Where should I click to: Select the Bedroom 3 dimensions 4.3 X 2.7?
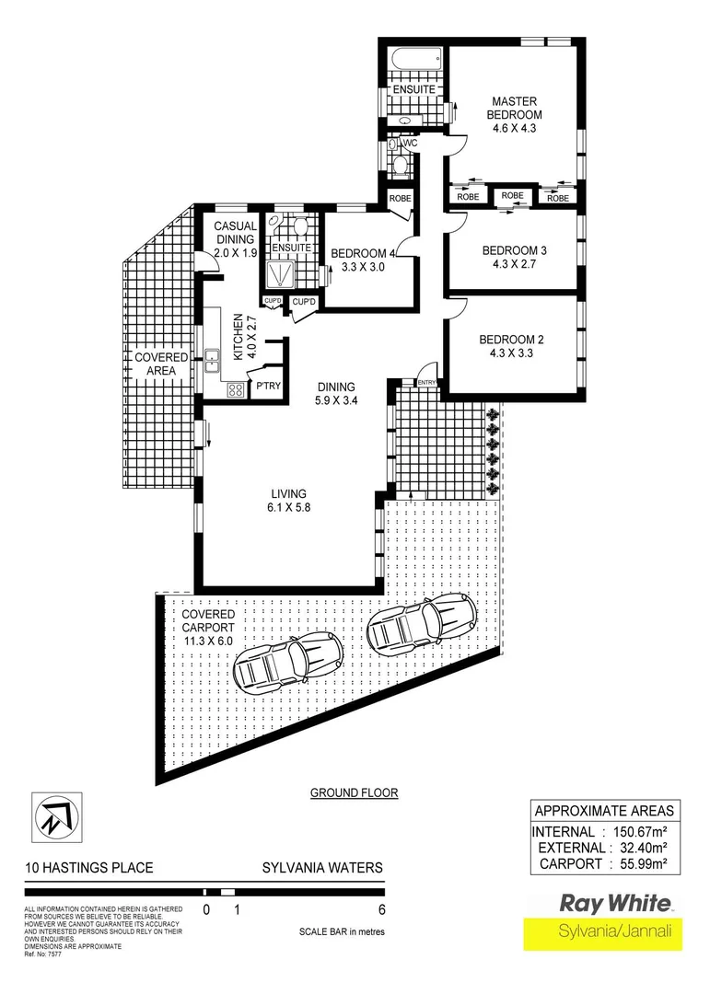pos(514,264)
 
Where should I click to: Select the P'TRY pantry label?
pos(267,386)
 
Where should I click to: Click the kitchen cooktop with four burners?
pos(235,389)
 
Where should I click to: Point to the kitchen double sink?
pos(212,361)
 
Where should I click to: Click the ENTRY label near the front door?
pos(427,383)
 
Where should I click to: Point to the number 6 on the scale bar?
pos(380,911)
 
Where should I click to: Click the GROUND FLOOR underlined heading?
pos(354,792)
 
